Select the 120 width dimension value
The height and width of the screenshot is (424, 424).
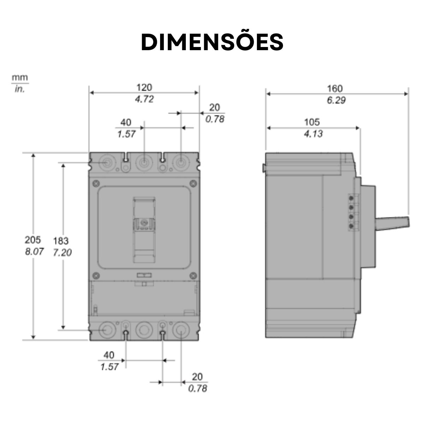[144, 87]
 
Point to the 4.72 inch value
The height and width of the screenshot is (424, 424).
[144, 99]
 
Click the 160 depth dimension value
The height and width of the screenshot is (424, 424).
[335, 88]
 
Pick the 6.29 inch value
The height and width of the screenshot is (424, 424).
[336, 100]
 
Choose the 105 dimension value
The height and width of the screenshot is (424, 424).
[312, 122]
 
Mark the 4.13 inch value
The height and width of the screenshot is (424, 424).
[313, 134]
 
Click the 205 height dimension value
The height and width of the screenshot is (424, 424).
[33, 240]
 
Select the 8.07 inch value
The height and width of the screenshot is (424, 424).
[34, 252]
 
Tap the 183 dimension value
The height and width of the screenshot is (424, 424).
[61, 241]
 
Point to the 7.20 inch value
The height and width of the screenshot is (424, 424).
[62, 253]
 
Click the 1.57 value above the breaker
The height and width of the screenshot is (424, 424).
[126, 134]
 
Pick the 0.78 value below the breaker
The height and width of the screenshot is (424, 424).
[198, 389]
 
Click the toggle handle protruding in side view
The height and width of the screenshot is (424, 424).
[392, 223]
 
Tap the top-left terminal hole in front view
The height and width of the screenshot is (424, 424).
[106, 163]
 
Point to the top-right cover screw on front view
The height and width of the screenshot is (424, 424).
[193, 183]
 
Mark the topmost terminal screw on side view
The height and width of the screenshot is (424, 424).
[352, 198]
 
